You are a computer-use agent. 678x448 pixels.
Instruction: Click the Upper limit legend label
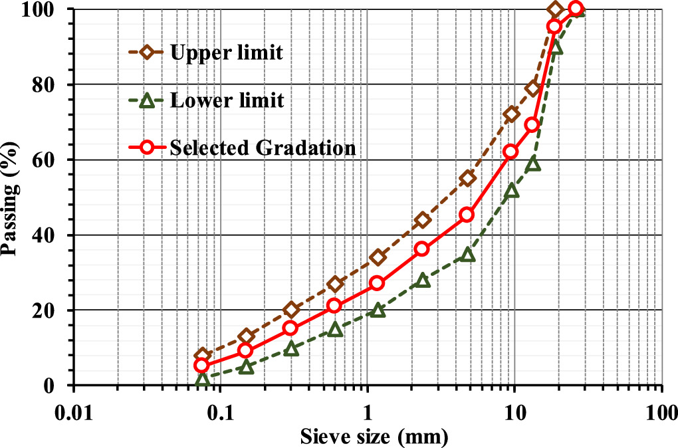pos(226,52)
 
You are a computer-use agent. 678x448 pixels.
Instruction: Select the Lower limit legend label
pos(226,101)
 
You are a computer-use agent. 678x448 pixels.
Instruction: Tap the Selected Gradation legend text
pos(263,148)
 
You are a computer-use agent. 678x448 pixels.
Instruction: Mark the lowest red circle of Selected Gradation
pos(202,365)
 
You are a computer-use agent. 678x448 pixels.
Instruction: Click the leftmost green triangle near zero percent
pos(202,380)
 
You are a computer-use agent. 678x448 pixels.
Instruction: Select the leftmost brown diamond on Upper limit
pos(202,355)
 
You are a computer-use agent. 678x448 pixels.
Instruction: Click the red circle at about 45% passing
pos(467,215)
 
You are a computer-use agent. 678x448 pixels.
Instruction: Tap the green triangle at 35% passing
pos(467,255)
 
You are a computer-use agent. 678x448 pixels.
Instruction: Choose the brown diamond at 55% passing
pos(467,178)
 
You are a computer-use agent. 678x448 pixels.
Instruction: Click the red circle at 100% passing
pos(576,9)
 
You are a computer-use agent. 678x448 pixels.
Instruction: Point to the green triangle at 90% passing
pos(556,48)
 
